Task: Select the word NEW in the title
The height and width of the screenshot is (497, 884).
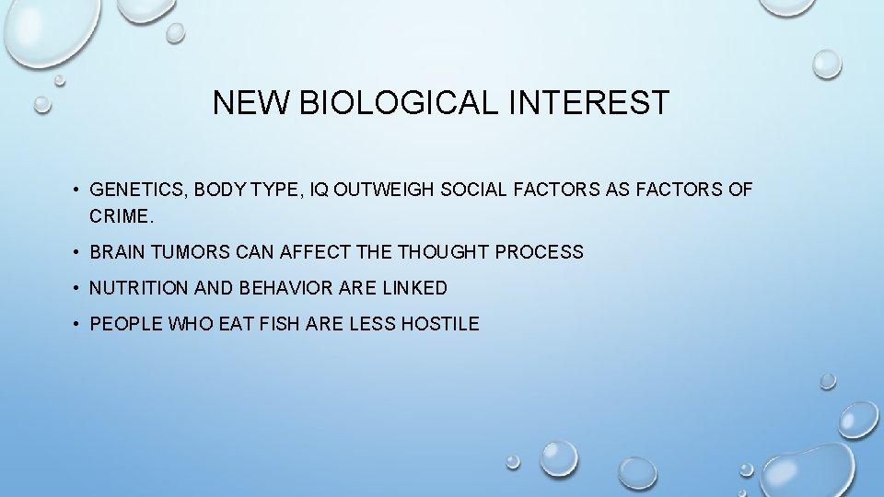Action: (x=251, y=103)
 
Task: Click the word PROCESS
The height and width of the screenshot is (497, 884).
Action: (x=540, y=252)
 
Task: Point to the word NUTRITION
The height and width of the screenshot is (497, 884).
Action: (x=139, y=288)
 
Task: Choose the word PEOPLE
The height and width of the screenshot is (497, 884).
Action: (x=122, y=324)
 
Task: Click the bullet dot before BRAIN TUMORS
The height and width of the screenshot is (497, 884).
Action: (x=77, y=252)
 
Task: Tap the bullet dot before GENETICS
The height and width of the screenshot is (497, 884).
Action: (x=77, y=191)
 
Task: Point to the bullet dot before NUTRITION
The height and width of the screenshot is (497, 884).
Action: (x=77, y=288)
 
